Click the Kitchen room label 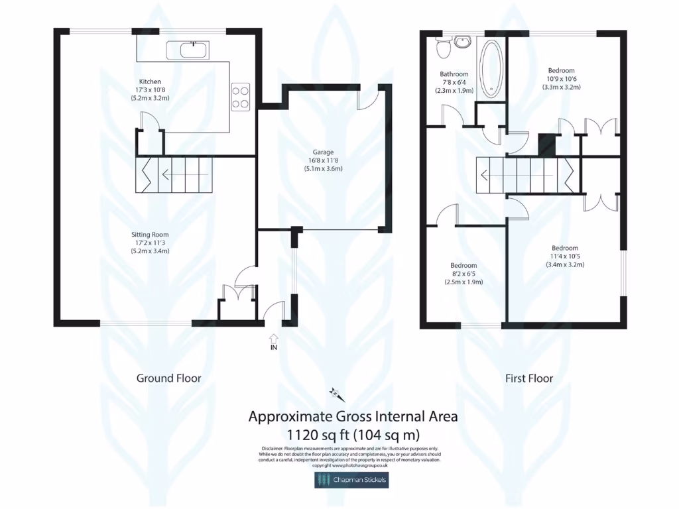point(149,82)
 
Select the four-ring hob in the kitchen point(239,97)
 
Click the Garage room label point(324,152)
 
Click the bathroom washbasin point(462,42)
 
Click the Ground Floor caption point(168,378)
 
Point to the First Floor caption point(529,378)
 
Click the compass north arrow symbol point(335,396)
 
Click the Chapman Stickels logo point(351,479)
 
